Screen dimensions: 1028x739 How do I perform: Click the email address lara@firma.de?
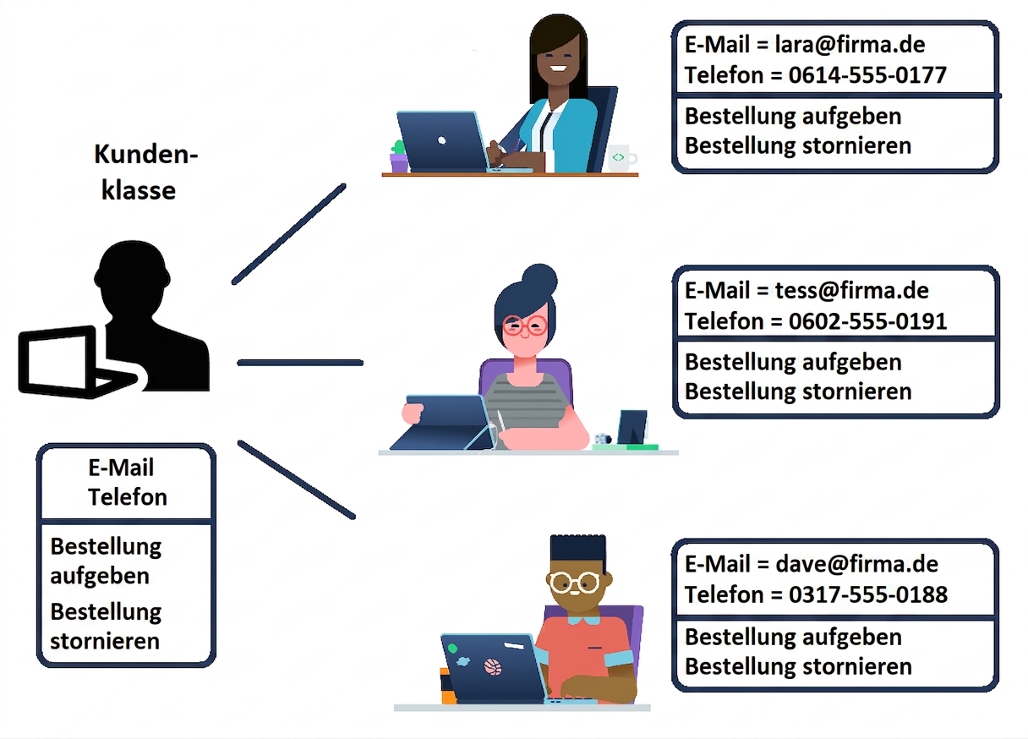[x=850, y=45]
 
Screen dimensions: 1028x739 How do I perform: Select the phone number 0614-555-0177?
[x=867, y=75]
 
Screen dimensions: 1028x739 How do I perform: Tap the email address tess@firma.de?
[x=852, y=291]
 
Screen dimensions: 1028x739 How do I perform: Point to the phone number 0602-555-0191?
[x=868, y=321]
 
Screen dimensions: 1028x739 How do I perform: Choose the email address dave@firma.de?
[x=856, y=564]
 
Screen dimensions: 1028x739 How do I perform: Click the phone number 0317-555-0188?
[x=868, y=595]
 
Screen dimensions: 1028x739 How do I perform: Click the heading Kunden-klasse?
[x=145, y=172]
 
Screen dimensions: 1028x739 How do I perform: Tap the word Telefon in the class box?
[x=128, y=497]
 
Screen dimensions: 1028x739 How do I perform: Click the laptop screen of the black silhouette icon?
[x=56, y=360]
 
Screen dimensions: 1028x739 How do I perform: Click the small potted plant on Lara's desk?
[x=399, y=156]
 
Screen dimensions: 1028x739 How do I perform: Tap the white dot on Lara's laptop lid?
[x=441, y=140]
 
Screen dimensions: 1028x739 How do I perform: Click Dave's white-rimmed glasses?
[x=574, y=583]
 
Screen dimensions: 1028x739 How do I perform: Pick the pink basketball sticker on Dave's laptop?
[x=493, y=667]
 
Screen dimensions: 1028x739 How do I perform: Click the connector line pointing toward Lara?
[x=288, y=234]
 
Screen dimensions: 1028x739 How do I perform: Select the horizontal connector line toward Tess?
[x=300, y=363]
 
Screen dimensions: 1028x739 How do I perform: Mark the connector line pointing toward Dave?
[x=297, y=480]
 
